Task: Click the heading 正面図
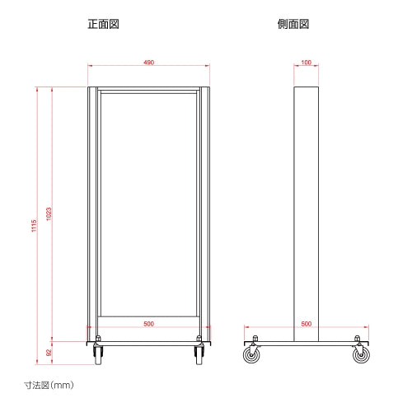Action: tap(103, 24)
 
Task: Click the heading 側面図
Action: tap(293, 24)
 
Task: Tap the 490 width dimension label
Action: tap(148, 63)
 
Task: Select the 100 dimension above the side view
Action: tap(306, 63)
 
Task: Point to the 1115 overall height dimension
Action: tap(34, 226)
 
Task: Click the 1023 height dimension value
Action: tap(49, 213)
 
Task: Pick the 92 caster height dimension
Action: tap(49, 353)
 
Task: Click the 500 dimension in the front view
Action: tap(148, 324)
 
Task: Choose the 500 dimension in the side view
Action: tap(306, 324)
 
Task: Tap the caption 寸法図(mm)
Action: tap(49, 385)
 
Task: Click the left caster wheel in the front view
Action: tap(98, 355)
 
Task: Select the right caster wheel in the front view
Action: tap(199, 355)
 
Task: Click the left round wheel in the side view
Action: tap(251, 355)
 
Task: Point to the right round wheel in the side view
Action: tap(361, 355)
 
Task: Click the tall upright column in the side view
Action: tap(307, 214)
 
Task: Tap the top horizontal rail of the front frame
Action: tap(148, 89)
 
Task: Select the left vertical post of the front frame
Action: tap(92, 214)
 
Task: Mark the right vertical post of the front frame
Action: tap(205, 214)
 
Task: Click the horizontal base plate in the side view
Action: tap(307, 344)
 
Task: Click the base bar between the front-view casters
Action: tap(148, 344)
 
